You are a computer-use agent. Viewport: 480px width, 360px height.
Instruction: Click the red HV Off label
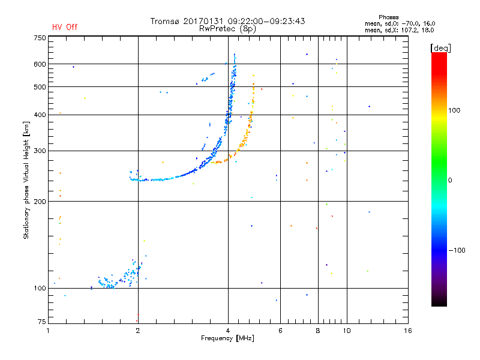coord(65,27)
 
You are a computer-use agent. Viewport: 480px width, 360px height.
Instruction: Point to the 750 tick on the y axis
coord(40,38)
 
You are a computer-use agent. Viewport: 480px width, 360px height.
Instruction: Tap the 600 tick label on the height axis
coord(40,64)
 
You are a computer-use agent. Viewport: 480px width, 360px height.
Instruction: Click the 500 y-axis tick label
coord(40,87)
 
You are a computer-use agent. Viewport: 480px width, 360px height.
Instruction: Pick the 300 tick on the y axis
coord(40,151)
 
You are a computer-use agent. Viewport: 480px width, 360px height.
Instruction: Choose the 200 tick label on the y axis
coord(40,202)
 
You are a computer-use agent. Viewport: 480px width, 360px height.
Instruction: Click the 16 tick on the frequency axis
coord(407,331)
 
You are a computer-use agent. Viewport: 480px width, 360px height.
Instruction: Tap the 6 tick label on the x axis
coord(280,331)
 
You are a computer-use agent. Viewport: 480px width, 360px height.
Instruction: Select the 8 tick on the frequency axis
coord(318,331)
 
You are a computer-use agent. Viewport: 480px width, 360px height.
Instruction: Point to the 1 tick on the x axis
coord(49,331)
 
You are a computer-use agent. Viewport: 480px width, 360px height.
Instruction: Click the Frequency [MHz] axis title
coord(227,338)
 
